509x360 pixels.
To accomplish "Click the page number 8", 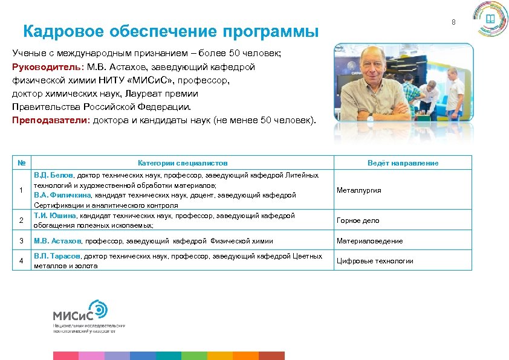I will click(453, 22).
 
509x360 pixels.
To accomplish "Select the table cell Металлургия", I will click(358, 190).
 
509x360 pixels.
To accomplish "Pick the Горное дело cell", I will click(358, 220).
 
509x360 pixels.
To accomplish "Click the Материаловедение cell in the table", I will click(369, 241).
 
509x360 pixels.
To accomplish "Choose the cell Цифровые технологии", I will click(375, 261).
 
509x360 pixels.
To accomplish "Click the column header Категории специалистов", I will click(183, 163).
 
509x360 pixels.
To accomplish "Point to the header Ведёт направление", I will click(403, 163).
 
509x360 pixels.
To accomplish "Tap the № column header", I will click(21, 163).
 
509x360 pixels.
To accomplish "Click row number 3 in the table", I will click(21, 241).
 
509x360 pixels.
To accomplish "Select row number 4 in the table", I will click(21, 261).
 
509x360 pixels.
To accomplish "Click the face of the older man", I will click(366, 72).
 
